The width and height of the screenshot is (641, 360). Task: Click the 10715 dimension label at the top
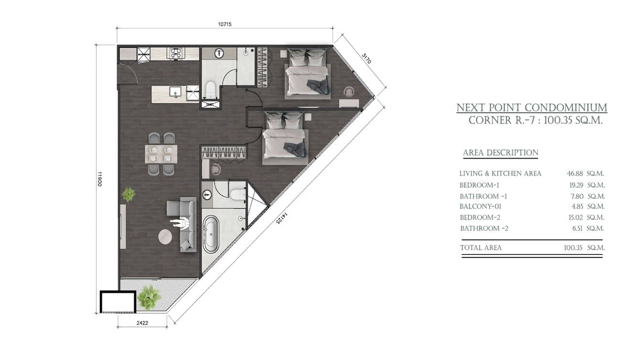pos(224,24)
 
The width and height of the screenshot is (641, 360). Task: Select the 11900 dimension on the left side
pos(100,179)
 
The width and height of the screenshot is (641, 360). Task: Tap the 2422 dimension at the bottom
pos(142,323)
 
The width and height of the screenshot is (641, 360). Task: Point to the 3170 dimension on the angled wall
pos(366,59)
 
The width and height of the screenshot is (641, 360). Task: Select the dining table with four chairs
pos(161,154)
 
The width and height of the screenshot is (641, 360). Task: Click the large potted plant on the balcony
pos(149,297)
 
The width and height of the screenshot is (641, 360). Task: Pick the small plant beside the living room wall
pos(128,194)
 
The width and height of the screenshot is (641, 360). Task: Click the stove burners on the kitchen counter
pos(176,53)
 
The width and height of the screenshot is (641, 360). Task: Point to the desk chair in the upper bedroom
pos(350,92)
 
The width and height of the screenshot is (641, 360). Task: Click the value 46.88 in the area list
pos(576,174)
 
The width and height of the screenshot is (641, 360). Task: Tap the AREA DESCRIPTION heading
pos(501,153)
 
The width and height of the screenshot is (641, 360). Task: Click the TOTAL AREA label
pos(481,248)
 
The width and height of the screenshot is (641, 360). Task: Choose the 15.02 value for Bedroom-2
pos(576,218)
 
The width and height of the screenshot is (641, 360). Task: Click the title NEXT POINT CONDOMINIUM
pos(532,108)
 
